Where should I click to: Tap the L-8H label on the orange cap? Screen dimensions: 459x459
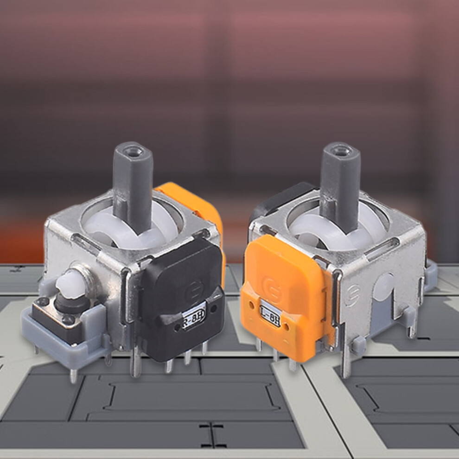pos(270,314)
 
